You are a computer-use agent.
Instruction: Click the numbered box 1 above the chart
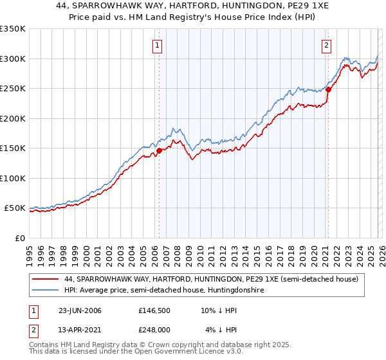tap(158, 45)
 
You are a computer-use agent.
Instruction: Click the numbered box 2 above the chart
tap(327, 45)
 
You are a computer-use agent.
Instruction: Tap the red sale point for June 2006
tap(159, 150)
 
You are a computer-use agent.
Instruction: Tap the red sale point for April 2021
tap(327, 90)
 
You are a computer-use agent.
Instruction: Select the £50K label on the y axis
tap(15, 208)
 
